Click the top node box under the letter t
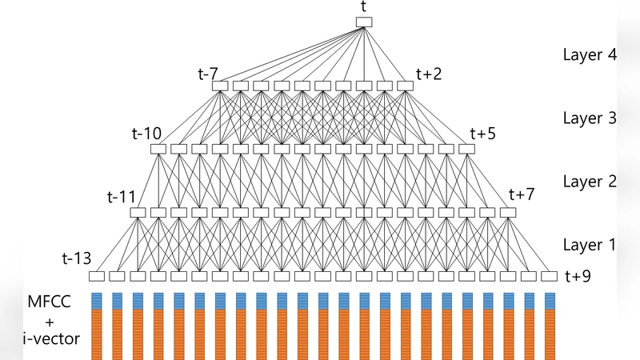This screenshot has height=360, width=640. pos(364,22)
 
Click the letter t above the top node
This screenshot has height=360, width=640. pos(365,7)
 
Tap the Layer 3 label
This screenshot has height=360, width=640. pos(589,118)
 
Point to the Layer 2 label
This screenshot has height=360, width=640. pos(589,182)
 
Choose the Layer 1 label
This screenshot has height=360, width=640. pos(589,245)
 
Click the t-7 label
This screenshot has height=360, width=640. pos(208,74)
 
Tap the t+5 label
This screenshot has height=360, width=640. pos(482,133)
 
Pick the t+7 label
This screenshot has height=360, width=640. pos(522,196)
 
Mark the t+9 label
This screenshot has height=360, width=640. pos(578,277)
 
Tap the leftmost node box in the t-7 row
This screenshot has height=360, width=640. pos(220,86)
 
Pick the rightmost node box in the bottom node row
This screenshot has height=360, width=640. pos(549,277)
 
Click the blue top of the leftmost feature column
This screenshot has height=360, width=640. pos(97,302)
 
